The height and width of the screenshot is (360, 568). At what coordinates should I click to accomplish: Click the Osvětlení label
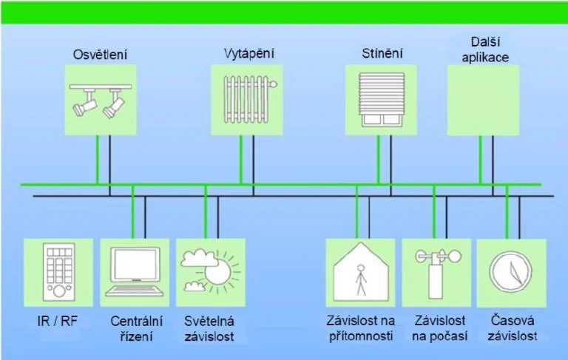101,54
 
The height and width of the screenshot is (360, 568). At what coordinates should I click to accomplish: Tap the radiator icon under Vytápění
249,99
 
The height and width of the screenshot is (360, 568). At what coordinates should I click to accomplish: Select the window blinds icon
382,100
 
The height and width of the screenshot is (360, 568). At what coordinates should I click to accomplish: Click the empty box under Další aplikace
483,100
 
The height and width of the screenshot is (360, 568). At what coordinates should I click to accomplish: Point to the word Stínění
382,53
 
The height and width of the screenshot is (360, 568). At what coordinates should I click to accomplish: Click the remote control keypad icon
58,272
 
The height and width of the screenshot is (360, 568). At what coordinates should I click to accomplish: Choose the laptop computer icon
135,272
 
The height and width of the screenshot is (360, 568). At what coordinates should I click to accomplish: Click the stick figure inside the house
360,279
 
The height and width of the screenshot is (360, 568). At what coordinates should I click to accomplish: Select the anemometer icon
437,273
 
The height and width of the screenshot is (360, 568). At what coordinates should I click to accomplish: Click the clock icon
511,272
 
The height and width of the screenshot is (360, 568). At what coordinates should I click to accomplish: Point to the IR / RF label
58,321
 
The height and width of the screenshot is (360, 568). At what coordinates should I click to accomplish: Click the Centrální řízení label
137,328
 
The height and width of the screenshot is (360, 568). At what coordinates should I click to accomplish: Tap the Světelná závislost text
209,328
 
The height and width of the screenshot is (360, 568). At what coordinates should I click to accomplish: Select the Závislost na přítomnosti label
361,328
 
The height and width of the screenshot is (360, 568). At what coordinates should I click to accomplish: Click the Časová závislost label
513,328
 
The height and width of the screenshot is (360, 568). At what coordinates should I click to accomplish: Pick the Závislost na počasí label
440,328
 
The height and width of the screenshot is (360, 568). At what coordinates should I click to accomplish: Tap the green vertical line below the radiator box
240,160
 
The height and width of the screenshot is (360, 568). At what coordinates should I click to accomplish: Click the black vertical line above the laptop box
145,217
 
